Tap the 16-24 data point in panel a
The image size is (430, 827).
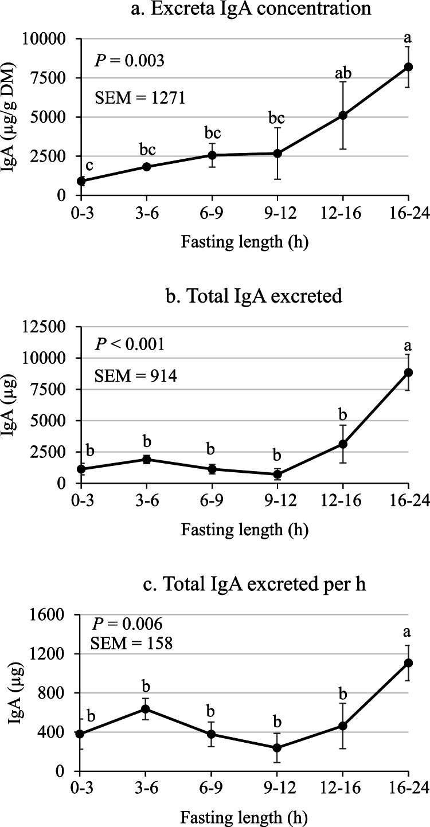pos(408,67)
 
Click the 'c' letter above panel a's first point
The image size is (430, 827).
pos(89,165)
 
